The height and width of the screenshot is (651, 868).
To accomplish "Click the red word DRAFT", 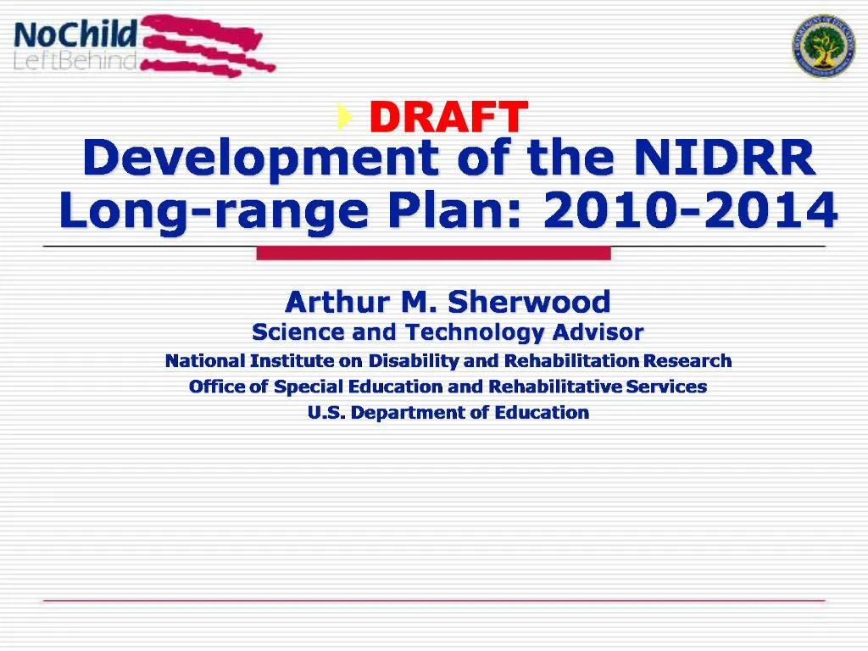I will click(x=448, y=118).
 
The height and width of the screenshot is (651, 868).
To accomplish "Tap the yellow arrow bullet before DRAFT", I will click(x=342, y=115).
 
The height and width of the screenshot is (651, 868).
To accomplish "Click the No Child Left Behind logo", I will click(x=144, y=45).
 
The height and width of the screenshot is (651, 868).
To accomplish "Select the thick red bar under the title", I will click(x=433, y=253).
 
